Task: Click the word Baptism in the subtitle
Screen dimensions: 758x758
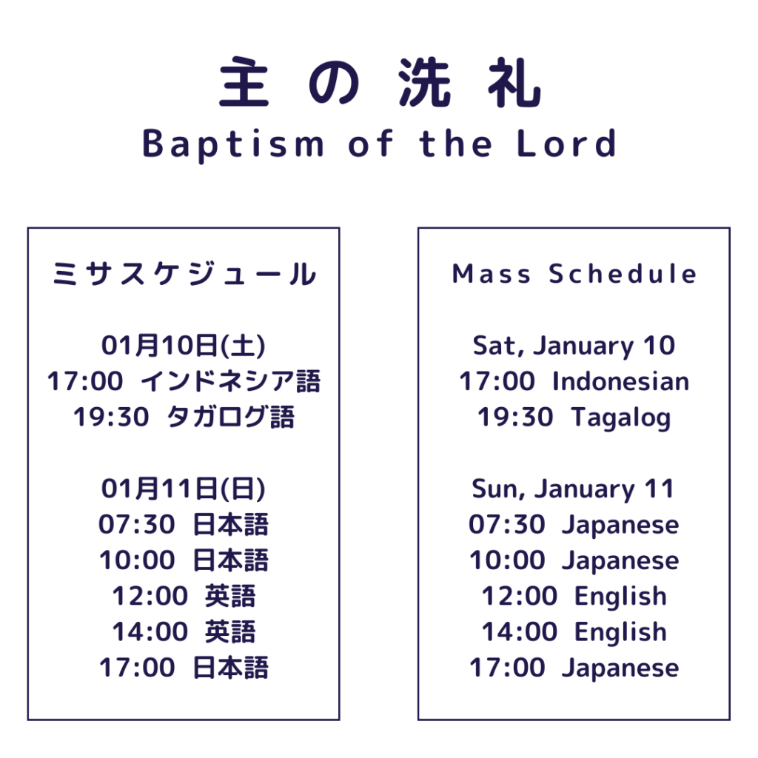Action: [x=233, y=145]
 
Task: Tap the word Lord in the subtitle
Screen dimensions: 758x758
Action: [x=566, y=144]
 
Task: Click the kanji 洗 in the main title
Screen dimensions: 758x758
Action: [x=425, y=82]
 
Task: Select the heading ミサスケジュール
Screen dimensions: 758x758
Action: [x=184, y=274]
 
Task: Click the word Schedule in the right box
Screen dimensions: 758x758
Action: [x=623, y=274]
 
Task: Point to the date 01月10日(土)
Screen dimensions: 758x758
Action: [x=184, y=346]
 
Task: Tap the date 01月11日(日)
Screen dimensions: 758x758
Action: [x=184, y=489]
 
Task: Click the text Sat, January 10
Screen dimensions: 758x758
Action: [x=574, y=346]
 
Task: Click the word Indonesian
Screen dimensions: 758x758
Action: [x=621, y=381]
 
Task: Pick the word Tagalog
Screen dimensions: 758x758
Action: [x=621, y=417]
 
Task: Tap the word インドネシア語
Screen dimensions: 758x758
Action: [x=231, y=381]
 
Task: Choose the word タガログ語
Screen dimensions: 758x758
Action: [x=231, y=417]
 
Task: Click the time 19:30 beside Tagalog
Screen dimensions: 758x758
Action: [x=515, y=417]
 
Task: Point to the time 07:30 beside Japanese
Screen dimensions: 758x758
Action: [x=506, y=525]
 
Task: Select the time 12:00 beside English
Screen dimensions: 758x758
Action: [x=520, y=596]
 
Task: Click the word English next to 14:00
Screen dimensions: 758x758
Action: [x=621, y=632]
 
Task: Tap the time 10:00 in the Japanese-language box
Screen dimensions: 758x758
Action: [x=137, y=560]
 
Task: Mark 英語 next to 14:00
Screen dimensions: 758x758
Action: [x=230, y=632]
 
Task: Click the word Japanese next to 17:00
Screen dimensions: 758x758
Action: [x=620, y=668]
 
